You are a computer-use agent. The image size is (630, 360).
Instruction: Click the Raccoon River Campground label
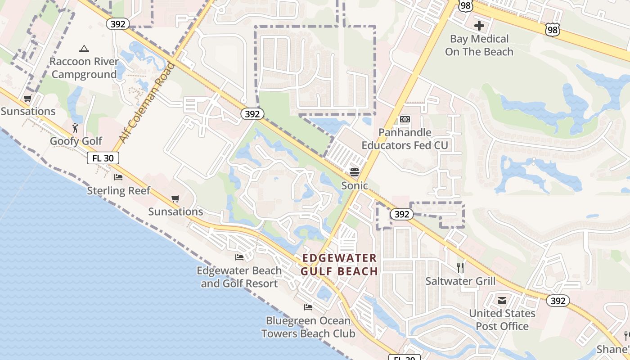(84, 68)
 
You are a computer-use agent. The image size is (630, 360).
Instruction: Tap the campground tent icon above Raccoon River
(84, 49)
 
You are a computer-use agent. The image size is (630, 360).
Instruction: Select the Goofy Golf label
(76, 141)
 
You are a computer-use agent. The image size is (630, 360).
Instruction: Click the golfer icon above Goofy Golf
(75, 128)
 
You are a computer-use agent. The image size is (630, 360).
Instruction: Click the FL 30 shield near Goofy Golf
(103, 158)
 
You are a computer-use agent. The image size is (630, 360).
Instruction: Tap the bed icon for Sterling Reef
(118, 177)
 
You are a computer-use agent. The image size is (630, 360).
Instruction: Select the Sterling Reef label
(119, 190)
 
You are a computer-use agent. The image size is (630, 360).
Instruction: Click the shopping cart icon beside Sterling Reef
(175, 198)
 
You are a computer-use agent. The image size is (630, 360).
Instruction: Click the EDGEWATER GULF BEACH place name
(339, 265)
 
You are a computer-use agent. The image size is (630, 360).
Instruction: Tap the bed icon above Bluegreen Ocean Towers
(308, 307)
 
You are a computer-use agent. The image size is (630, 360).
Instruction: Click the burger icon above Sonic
(355, 172)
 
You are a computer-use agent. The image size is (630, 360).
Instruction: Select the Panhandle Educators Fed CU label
(405, 139)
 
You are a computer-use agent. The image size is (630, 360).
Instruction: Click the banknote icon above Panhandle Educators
(405, 119)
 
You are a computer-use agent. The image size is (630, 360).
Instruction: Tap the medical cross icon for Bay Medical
(479, 26)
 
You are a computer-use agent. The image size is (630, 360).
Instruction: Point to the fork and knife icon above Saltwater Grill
(460, 268)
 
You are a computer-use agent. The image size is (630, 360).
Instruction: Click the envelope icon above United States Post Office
(502, 300)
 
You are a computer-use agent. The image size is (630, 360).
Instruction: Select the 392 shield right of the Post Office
(558, 301)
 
